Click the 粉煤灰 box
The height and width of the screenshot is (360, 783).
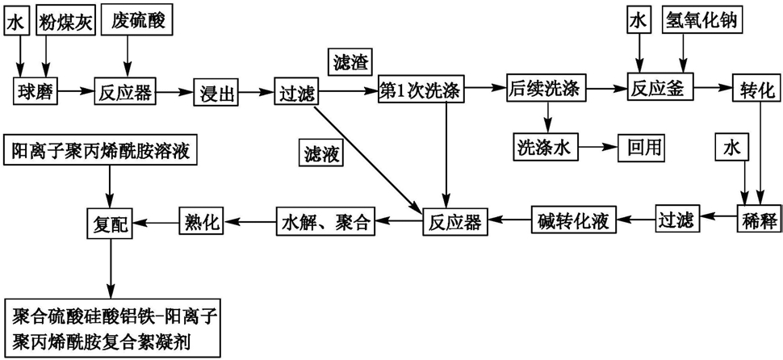65,23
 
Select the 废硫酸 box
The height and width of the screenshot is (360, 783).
136,23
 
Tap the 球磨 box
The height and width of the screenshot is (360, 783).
35,91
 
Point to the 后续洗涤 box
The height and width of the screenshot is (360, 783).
546,90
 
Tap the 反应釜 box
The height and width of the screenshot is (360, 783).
659,90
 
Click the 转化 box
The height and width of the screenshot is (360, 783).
756,90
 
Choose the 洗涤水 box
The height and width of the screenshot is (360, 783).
545,147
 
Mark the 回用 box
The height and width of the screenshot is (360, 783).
641,147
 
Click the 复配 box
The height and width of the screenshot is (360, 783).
109,220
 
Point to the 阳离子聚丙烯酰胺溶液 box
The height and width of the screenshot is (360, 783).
103,152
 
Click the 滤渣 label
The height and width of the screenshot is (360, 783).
348,62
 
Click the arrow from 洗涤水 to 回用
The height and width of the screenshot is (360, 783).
597,147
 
